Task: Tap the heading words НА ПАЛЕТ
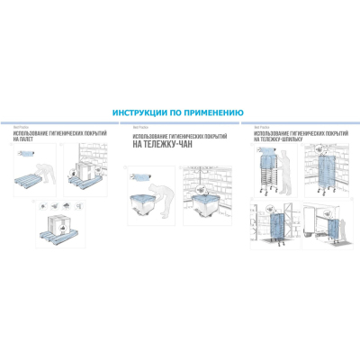pos(27,139)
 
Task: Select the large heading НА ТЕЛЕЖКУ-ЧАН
pos(166,144)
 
